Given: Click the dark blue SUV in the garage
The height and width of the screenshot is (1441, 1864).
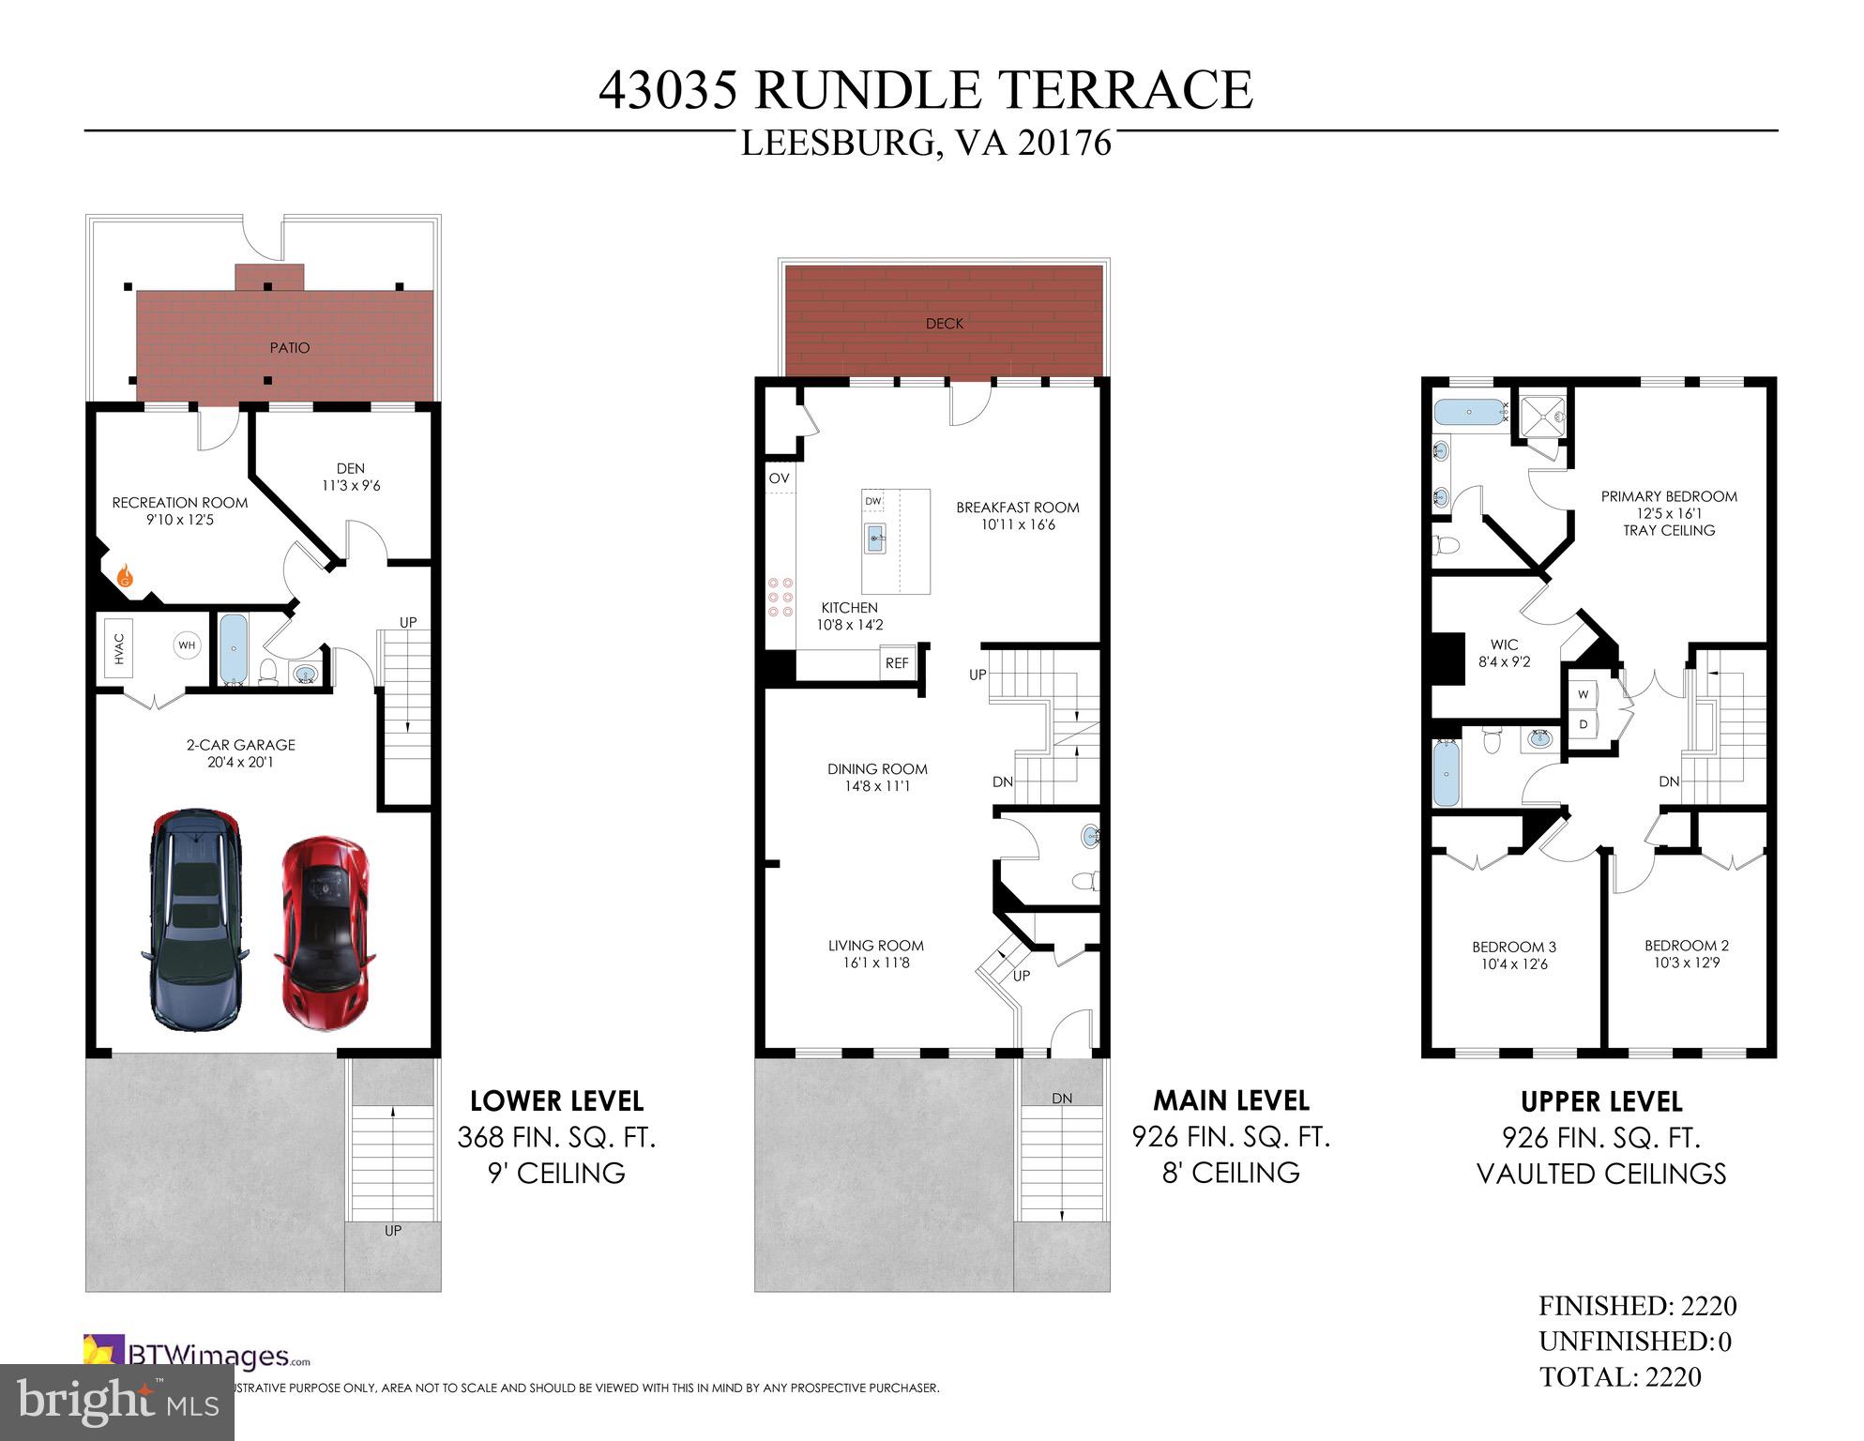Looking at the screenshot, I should pyautogui.click(x=195, y=918).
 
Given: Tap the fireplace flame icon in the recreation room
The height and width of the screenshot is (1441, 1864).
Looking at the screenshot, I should pyautogui.click(x=124, y=576).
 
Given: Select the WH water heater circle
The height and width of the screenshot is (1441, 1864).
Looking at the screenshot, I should pyautogui.click(x=187, y=645).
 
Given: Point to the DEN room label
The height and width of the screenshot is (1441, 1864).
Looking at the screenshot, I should pyautogui.click(x=350, y=468).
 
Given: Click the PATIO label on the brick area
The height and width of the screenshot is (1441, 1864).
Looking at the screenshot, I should pyautogui.click(x=290, y=348).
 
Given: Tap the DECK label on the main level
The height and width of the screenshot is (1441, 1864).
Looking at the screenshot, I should pyautogui.click(x=944, y=324).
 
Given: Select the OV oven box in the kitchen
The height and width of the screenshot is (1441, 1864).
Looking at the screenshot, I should pyautogui.click(x=780, y=478).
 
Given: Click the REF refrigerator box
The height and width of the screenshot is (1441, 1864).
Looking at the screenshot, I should pyautogui.click(x=897, y=663).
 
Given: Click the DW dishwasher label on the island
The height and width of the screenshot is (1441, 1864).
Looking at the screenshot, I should pyautogui.click(x=873, y=501).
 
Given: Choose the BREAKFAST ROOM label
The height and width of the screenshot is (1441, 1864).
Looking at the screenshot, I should pyautogui.click(x=1017, y=508).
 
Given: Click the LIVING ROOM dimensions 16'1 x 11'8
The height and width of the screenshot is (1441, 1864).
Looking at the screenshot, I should pyautogui.click(x=875, y=963).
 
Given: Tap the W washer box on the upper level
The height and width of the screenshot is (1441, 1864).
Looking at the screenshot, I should pyautogui.click(x=1584, y=694).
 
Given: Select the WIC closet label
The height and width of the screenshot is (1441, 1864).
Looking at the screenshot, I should pyautogui.click(x=1504, y=645).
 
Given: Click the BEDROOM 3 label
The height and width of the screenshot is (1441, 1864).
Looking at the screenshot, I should pyautogui.click(x=1514, y=947).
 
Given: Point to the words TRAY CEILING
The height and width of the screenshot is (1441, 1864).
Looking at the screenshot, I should pyautogui.click(x=1669, y=531).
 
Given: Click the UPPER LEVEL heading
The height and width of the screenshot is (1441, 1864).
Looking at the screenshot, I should pyautogui.click(x=1600, y=1101).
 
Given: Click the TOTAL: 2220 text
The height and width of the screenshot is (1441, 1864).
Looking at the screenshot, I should pyautogui.click(x=1620, y=1377).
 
